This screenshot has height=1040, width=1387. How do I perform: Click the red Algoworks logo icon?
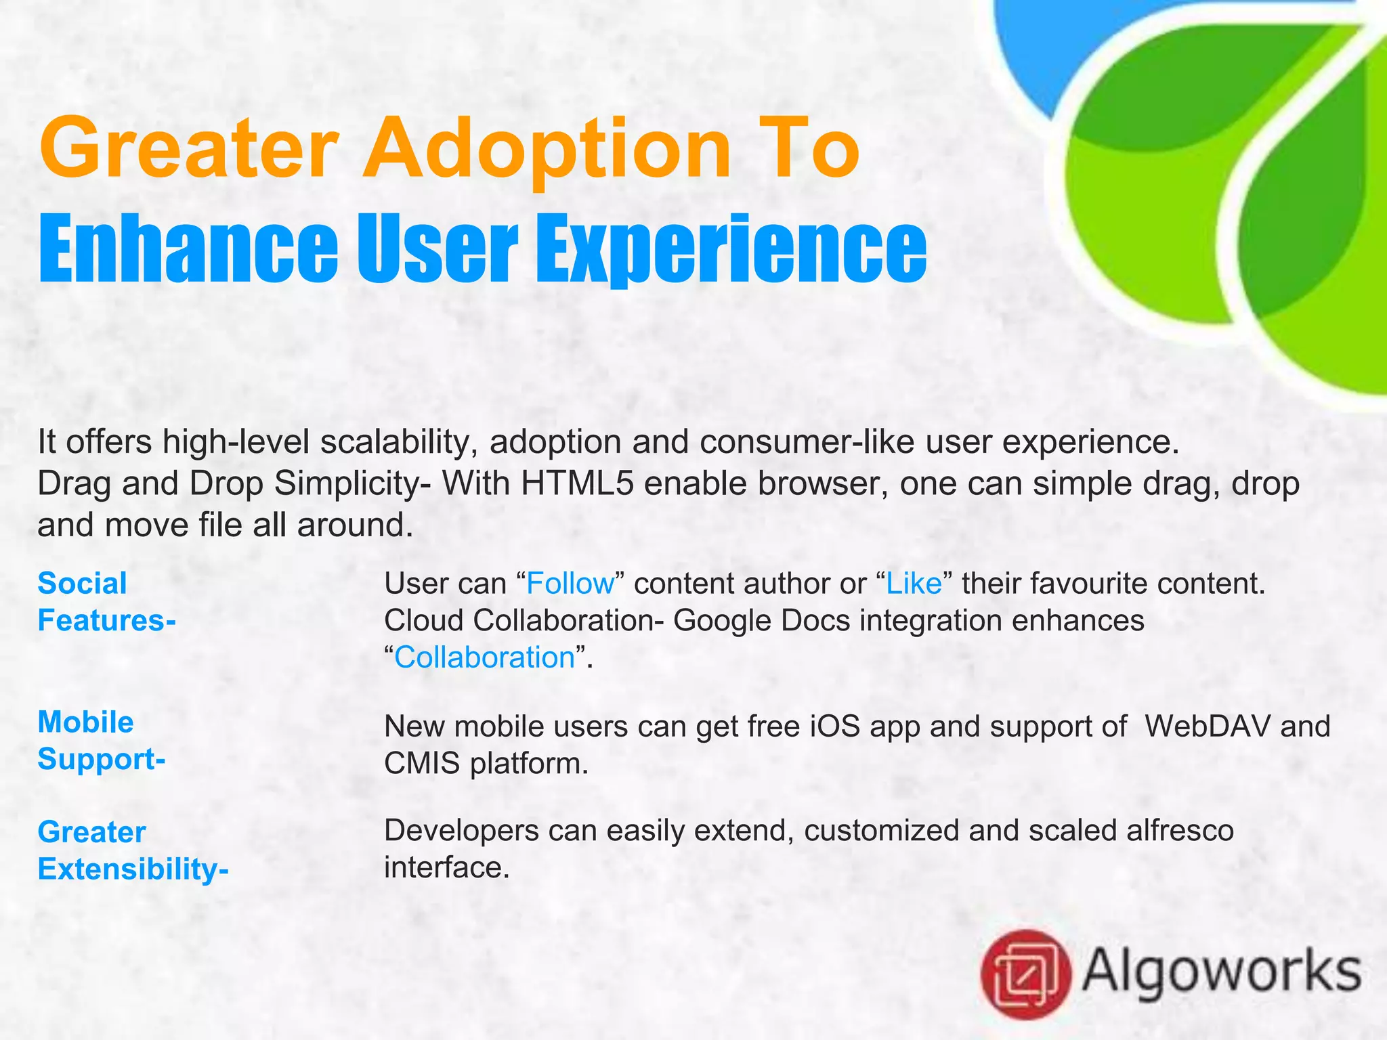[x=1025, y=974]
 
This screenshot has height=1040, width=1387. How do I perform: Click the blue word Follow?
[x=570, y=584]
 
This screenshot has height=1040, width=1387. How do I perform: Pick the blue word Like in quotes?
[x=914, y=584]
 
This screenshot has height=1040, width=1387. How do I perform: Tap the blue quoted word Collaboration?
[x=485, y=657]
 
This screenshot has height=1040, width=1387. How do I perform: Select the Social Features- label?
[x=106, y=602]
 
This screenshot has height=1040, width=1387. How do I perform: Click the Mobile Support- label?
[x=102, y=740]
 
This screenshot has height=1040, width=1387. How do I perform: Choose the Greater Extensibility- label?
[x=133, y=850]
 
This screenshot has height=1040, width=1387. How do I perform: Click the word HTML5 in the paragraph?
[x=578, y=483]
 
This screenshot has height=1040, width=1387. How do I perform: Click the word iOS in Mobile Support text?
[x=834, y=727]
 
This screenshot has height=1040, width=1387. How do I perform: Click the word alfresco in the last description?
[x=1180, y=830]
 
